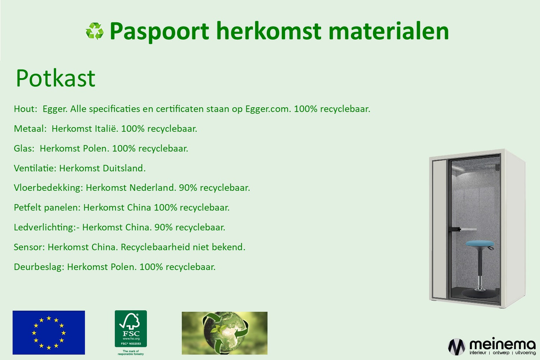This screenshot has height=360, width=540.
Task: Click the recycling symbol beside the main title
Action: click(95, 31)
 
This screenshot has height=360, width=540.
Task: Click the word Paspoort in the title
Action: click(159, 31)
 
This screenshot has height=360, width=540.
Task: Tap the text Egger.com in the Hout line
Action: click(268, 109)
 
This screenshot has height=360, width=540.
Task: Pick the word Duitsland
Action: click(124, 168)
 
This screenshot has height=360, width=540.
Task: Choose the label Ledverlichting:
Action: click(45, 227)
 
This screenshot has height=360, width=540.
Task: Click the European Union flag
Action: click(49, 332)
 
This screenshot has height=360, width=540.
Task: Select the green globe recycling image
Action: click(225, 333)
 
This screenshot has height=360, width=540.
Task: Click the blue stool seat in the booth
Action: click(480, 243)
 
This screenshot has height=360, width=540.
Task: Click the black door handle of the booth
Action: click(455, 229)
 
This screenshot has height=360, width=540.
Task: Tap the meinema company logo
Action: click(492, 346)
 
